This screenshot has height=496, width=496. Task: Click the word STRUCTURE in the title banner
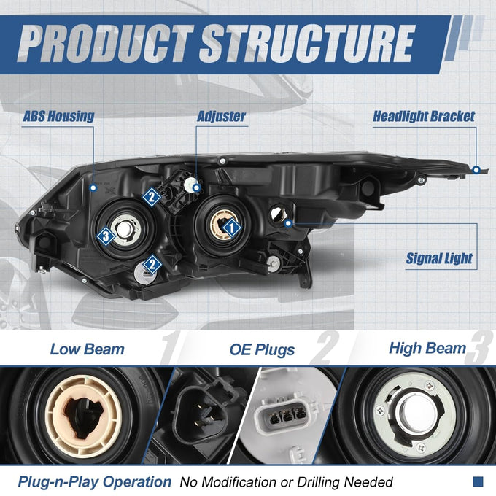click(x=307, y=43)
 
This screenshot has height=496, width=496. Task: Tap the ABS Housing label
click(x=58, y=116)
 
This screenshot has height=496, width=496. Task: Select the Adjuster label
click(x=221, y=116)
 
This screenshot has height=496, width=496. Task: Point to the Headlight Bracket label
click(x=424, y=116)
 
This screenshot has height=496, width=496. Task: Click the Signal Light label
click(x=439, y=258)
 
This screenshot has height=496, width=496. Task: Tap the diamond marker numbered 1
click(x=231, y=227)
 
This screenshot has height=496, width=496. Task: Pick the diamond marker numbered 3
click(x=106, y=236)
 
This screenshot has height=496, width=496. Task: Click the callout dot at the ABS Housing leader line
click(x=93, y=188)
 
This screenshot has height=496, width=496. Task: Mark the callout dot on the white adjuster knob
click(x=197, y=188)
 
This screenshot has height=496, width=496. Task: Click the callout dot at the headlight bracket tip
click(x=476, y=170)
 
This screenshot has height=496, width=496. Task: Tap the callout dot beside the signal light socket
click(x=288, y=223)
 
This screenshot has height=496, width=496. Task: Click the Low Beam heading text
click(x=88, y=349)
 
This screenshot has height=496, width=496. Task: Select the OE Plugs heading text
click(x=262, y=349)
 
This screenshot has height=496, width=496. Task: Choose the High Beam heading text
click(x=427, y=348)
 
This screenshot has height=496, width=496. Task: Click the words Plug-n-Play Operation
click(x=95, y=481)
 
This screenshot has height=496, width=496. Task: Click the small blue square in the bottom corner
click(x=478, y=481)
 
